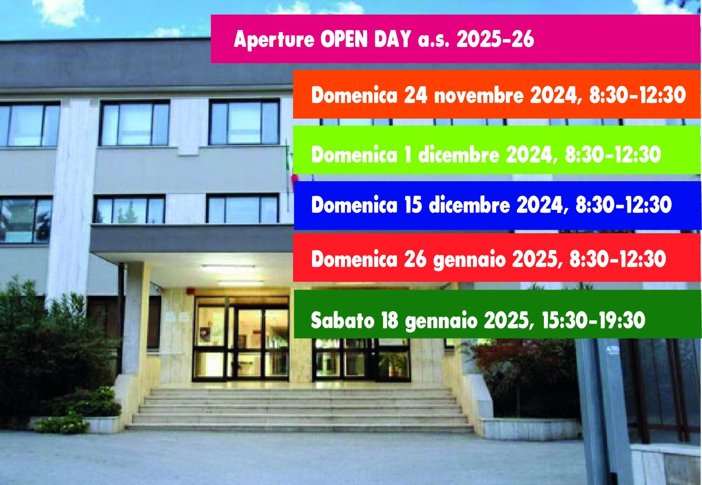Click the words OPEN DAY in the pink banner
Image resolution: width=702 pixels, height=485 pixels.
[x=366, y=39]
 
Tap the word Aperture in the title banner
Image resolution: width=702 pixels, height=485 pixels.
[x=274, y=40]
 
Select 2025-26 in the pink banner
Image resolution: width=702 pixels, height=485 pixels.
[x=495, y=39]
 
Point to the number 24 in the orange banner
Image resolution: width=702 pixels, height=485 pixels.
[x=416, y=95]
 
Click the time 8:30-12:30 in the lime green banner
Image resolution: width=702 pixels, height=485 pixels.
[x=613, y=154]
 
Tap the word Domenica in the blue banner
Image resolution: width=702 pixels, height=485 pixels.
[x=354, y=205]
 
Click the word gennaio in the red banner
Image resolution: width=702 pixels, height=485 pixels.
[x=469, y=260]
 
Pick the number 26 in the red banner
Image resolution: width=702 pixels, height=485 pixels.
[x=415, y=259]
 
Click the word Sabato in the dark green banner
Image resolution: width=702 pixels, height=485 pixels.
[x=342, y=320]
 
